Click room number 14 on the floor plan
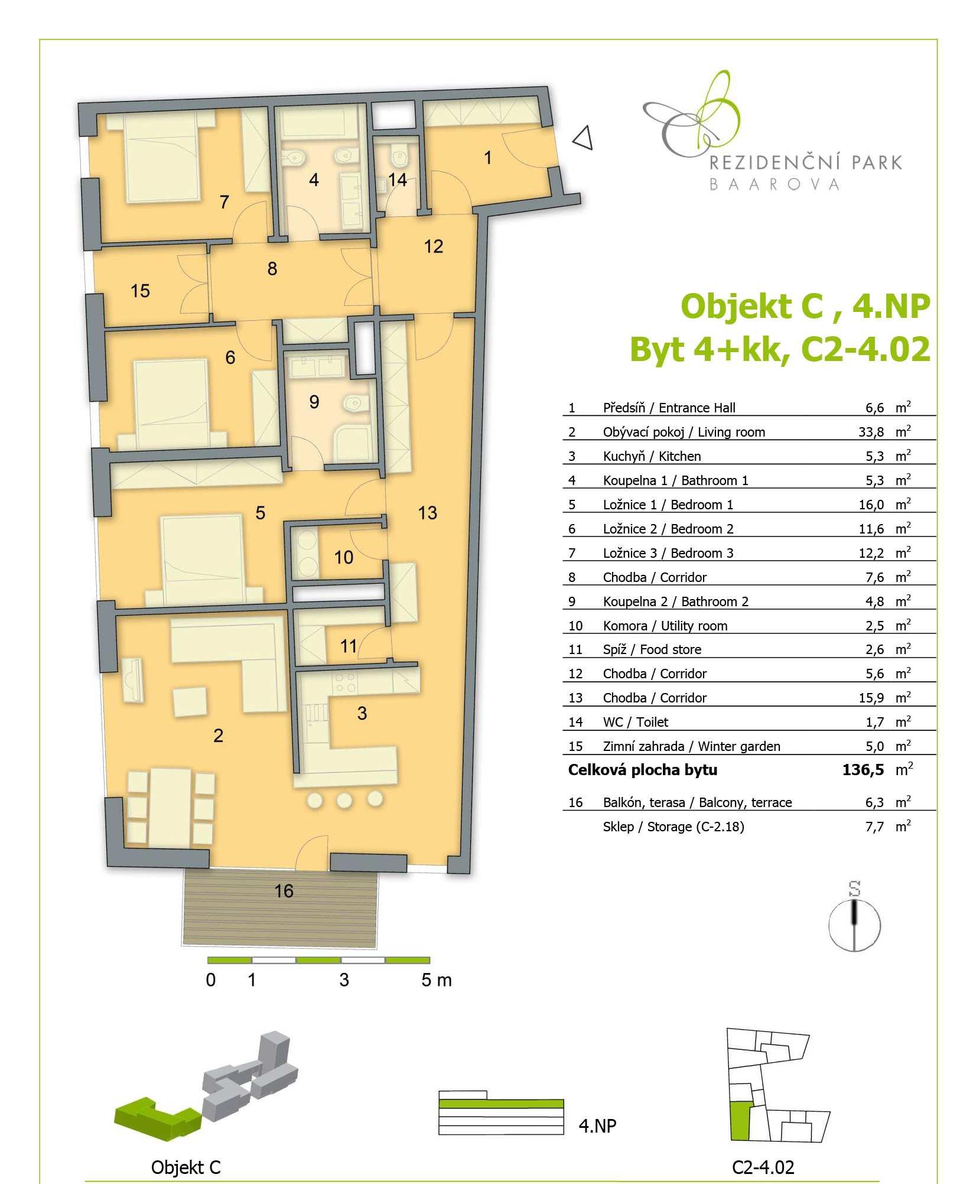(x=398, y=180)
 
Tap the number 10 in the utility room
(x=344, y=557)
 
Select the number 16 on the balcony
(x=284, y=891)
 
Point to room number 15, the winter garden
(x=141, y=291)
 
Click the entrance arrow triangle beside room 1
(x=584, y=139)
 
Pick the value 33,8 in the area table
(x=871, y=432)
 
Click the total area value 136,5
(x=863, y=770)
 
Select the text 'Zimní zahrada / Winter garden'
(x=692, y=746)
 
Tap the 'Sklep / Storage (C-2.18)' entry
(x=673, y=827)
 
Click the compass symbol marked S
(x=854, y=925)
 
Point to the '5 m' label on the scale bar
(x=437, y=980)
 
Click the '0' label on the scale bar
(x=211, y=980)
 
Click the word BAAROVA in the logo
(x=774, y=184)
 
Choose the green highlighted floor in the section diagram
(x=501, y=1103)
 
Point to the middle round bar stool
(x=344, y=801)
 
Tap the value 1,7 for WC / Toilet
(x=875, y=722)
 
